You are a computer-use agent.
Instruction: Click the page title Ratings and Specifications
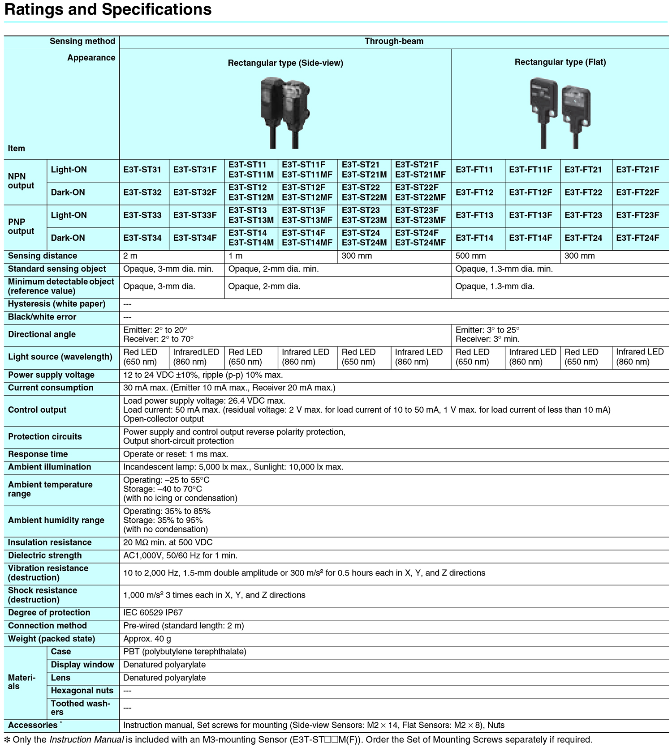click(x=108, y=9)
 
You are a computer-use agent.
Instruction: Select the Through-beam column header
click(x=394, y=42)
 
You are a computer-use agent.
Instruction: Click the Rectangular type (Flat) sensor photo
click(x=560, y=113)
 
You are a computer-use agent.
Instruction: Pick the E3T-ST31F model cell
click(x=195, y=170)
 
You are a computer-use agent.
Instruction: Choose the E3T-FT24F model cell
click(x=638, y=238)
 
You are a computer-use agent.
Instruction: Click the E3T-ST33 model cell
click(x=142, y=215)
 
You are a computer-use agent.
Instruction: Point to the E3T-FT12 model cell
click(x=474, y=192)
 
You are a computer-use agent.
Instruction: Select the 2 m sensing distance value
click(x=130, y=256)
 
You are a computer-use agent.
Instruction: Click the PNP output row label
click(x=21, y=226)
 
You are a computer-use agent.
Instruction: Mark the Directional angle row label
click(x=42, y=334)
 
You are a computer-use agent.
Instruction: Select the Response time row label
click(x=38, y=454)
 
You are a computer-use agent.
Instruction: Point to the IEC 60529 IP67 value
click(x=153, y=613)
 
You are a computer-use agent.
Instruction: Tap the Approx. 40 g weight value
click(x=147, y=639)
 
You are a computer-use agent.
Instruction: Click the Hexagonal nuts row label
click(x=82, y=691)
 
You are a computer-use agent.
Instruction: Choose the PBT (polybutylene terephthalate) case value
click(x=185, y=652)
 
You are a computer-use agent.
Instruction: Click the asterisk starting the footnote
click(x=7, y=739)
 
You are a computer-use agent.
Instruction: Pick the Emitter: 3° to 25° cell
click(x=487, y=330)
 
